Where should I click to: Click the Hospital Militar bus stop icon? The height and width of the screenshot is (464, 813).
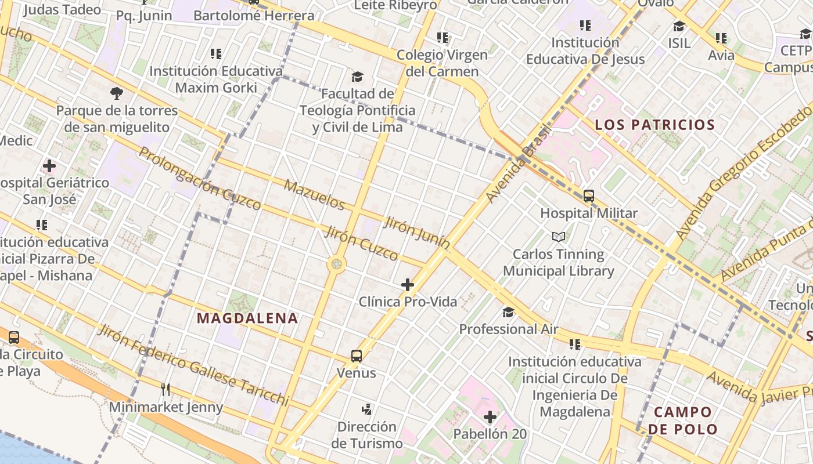click(x=589, y=196)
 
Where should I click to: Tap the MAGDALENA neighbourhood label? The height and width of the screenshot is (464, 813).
click(x=247, y=318)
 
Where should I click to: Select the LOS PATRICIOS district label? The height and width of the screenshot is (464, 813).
click(x=654, y=125)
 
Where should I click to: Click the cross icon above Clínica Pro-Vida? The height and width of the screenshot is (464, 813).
click(x=408, y=284)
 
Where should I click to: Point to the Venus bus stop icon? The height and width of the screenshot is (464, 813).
click(x=357, y=356)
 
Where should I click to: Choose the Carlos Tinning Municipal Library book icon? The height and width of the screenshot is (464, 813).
click(x=559, y=237)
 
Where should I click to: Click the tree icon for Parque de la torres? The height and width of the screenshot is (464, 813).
click(x=117, y=93)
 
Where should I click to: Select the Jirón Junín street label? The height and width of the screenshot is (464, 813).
click(x=417, y=234)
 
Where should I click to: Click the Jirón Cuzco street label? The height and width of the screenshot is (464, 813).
click(x=361, y=243)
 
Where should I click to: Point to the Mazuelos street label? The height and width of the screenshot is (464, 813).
click(x=315, y=195)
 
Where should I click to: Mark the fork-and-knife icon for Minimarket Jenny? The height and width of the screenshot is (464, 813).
click(x=166, y=389)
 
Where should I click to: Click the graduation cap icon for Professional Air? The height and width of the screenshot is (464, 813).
click(x=508, y=313)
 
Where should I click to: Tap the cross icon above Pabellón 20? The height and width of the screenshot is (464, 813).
click(x=490, y=417)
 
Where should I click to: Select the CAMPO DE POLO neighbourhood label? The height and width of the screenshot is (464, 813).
click(x=683, y=421)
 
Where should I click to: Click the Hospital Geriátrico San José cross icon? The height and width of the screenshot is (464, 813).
click(x=49, y=166)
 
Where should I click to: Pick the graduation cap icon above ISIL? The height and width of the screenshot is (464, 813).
click(x=679, y=27)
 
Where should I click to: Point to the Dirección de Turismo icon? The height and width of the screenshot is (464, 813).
click(x=366, y=409)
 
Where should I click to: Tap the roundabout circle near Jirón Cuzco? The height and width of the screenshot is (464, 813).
click(x=336, y=265)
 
